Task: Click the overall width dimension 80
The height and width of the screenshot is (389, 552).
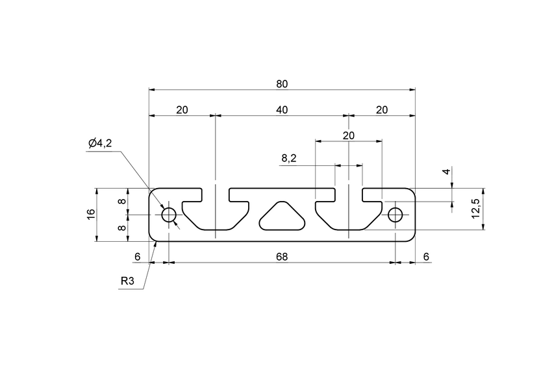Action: [281, 84]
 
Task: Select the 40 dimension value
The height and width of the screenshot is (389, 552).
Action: [281, 110]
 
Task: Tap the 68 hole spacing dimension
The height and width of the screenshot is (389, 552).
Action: [281, 257]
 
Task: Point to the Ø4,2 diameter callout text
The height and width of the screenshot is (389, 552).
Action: [100, 143]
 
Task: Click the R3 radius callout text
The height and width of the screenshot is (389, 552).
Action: [128, 282]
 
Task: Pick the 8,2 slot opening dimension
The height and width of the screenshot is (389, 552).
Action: [289, 158]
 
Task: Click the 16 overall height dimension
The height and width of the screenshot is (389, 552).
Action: [92, 215]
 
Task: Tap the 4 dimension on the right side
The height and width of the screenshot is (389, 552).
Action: [445, 172]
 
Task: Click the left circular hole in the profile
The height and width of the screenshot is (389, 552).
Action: [169, 215]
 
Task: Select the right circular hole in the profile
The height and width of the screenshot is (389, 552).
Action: [395, 215]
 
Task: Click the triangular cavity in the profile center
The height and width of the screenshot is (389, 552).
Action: [282, 217]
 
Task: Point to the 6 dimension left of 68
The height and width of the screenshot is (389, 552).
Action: [137, 257]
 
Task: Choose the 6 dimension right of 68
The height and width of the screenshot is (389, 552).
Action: [426, 257]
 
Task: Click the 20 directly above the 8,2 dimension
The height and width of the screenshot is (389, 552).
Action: [349, 135]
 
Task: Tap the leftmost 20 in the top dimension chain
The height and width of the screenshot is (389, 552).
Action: [182, 110]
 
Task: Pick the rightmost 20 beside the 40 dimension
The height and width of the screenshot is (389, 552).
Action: [382, 110]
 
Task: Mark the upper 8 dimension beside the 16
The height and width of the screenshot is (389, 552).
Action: [121, 202]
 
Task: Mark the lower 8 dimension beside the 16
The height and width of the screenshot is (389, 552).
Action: [121, 228]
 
